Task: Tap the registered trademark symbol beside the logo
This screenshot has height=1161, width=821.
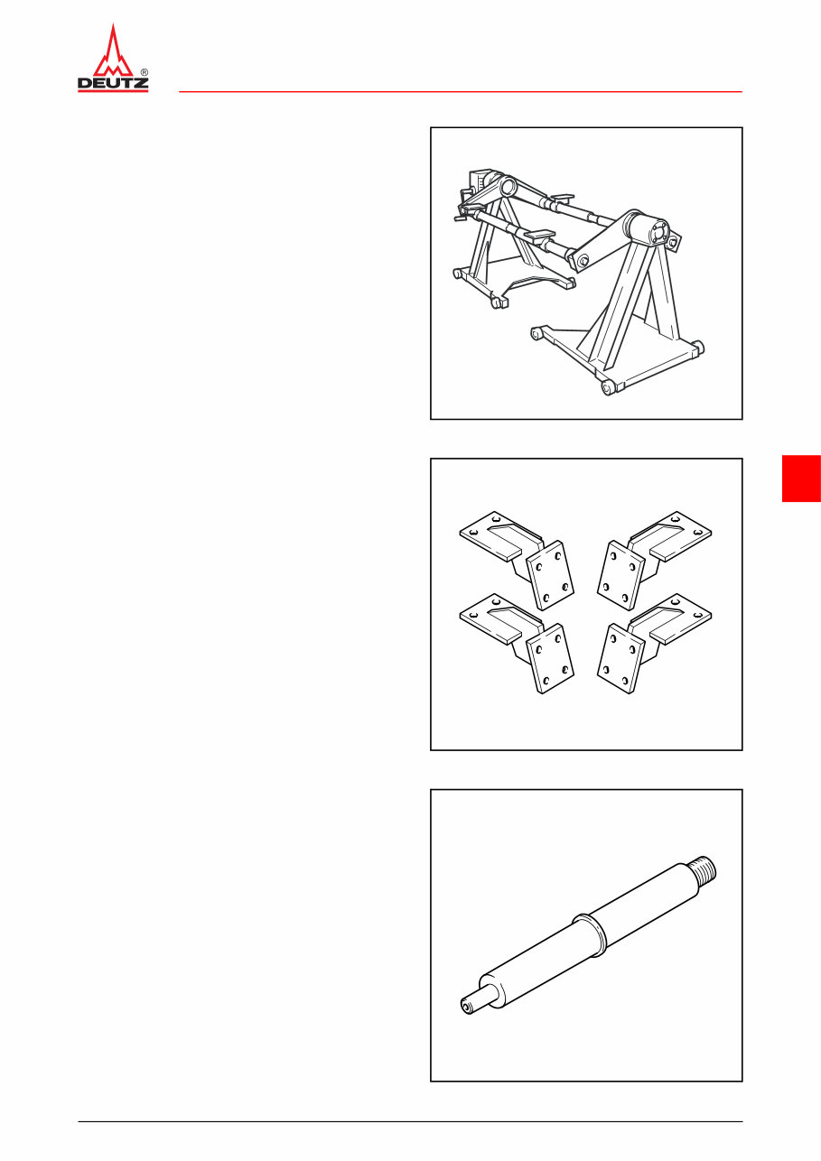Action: pos(145,71)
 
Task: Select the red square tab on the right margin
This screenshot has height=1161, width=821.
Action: pos(800,478)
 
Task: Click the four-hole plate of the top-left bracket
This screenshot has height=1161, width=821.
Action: pos(550,576)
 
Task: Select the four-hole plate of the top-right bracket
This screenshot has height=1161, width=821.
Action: pos(620,576)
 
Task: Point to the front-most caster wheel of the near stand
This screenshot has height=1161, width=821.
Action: pos(609,387)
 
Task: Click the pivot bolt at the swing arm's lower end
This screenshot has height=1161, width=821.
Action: pos(582,262)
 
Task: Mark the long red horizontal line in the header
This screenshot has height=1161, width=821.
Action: pos(460,92)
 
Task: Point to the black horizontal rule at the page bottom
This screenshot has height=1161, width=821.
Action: pos(410,1122)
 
